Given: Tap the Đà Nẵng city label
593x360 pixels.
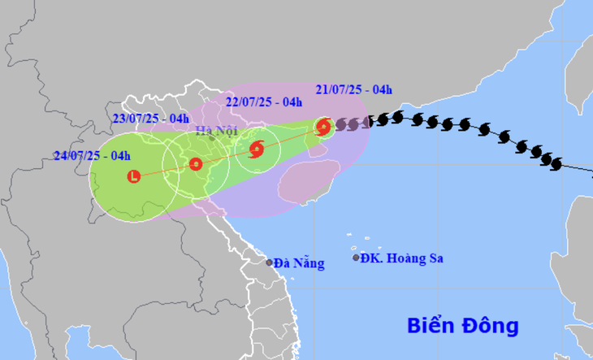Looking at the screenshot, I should coord(299,262).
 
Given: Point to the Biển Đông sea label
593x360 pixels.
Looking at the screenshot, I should coord(462,326).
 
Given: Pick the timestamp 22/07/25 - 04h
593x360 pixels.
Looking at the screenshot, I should coord(263,102).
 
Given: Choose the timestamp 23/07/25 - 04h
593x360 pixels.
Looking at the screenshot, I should coord(151,119).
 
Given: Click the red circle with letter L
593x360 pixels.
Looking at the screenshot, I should coord(134,176).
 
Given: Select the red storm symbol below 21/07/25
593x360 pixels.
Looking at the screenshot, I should coord(323,127).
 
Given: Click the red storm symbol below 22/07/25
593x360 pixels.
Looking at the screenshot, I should coord(257,149).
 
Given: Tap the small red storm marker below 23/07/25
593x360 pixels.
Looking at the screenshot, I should coord(195,163).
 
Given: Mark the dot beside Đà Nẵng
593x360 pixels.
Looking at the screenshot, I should coord(270,262).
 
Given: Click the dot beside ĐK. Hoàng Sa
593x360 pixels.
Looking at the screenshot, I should coord(356,258).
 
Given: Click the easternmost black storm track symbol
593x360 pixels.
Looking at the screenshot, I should coord(556,163).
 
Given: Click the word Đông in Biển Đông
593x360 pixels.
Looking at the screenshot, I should coord(490,326).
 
